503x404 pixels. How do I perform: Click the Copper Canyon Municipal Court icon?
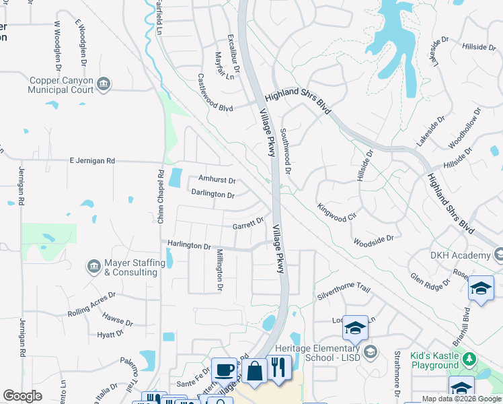104,84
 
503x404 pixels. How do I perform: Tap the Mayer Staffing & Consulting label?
134,267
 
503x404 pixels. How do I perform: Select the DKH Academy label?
460,255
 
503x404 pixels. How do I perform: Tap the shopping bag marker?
255,370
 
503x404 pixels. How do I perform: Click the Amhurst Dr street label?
217,180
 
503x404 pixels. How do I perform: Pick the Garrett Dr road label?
247,224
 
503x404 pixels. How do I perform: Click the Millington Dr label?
219,270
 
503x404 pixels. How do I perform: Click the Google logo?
23,395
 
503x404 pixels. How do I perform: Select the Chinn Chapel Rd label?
160,196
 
